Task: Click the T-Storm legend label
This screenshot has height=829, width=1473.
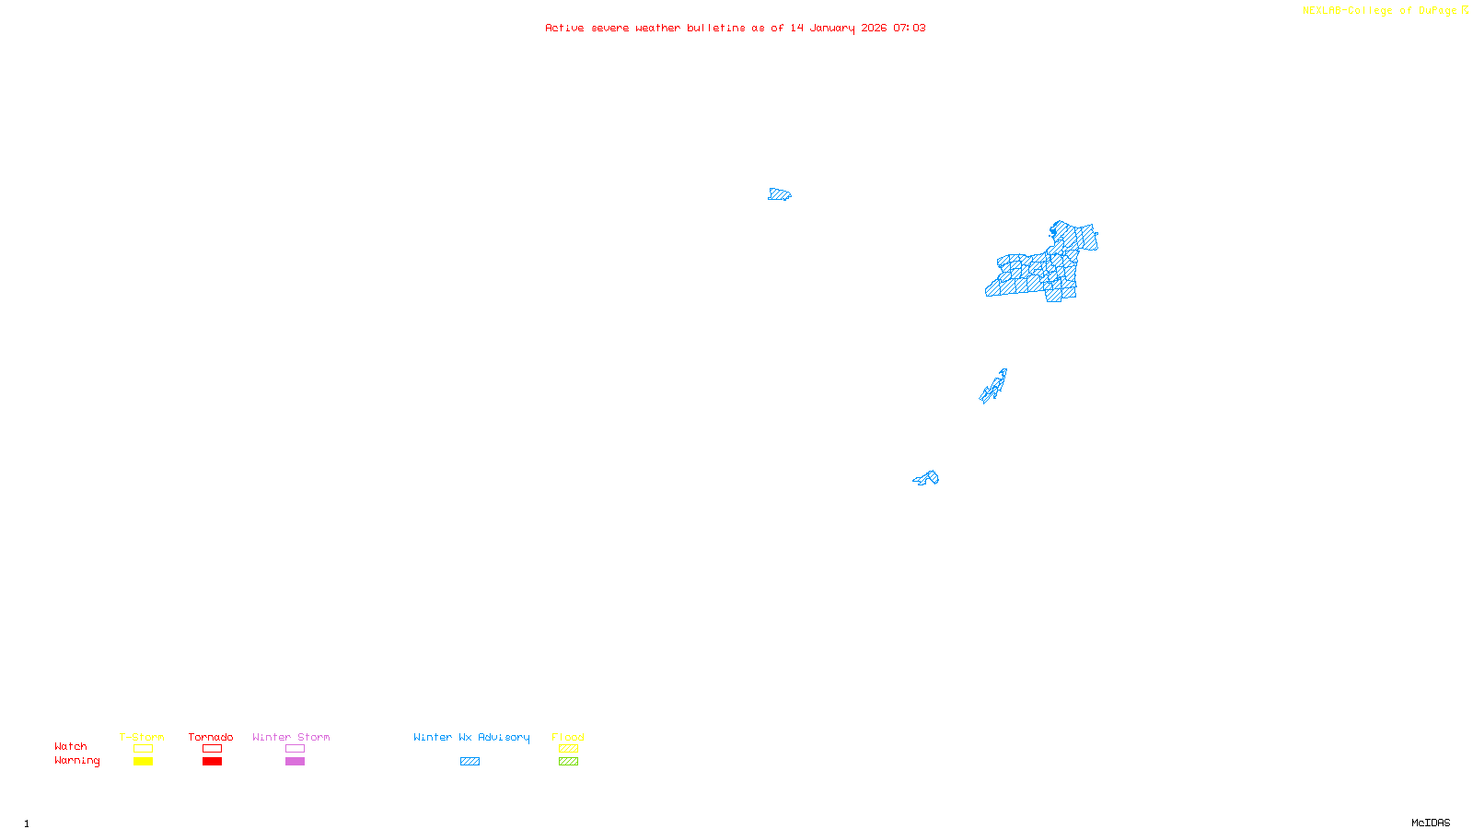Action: tap(142, 737)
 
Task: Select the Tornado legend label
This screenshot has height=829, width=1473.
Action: tap(211, 737)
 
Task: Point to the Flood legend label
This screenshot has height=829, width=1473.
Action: tap(568, 737)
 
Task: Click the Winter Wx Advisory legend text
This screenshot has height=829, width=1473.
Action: tap(471, 737)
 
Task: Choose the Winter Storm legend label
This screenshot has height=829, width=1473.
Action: tap(291, 737)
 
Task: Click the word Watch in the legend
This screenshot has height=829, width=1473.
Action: tap(71, 746)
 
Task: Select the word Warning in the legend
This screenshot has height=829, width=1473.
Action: tap(77, 761)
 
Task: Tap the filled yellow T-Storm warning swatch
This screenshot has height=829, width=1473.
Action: tap(143, 762)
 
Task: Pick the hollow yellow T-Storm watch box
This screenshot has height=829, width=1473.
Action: tap(143, 749)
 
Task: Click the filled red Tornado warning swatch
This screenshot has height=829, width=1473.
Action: tap(212, 762)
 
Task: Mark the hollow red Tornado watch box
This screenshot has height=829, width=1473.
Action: tap(212, 749)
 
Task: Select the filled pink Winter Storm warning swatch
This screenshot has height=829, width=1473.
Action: tap(295, 762)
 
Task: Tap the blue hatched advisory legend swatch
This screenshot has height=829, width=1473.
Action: tap(470, 762)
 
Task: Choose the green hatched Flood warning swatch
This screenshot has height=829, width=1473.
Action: tap(568, 762)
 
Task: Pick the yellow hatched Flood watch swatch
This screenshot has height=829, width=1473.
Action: tap(568, 749)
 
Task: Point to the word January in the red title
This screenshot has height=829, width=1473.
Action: tap(831, 28)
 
